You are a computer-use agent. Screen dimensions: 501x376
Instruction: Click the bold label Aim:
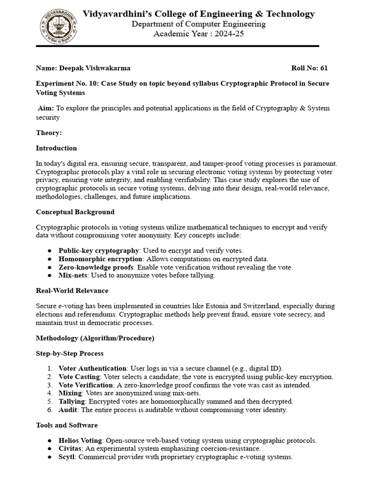[x=46, y=108]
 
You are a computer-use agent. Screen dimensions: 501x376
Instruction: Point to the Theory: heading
[x=49, y=133]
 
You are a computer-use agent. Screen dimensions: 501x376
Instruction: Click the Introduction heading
[x=56, y=148]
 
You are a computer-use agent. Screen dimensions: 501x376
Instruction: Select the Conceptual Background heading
[x=75, y=212]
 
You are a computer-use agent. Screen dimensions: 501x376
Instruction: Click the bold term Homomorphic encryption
[x=100, y=259]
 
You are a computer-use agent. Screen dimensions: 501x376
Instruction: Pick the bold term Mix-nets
[x=72, y=275]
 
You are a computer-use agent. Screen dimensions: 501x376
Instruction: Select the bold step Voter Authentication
[x=93, y=368]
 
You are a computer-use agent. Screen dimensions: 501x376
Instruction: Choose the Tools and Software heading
[x=67, y=425]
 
